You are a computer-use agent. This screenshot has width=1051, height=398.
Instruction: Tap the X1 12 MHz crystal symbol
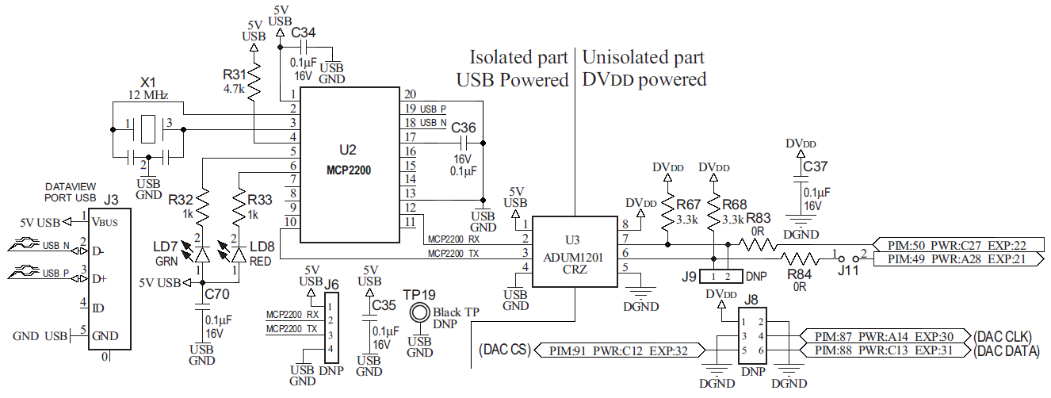[148, 128]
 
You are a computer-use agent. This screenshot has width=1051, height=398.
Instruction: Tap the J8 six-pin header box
[753, 336]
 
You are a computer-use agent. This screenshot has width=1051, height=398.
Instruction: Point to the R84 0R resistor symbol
[801, 258]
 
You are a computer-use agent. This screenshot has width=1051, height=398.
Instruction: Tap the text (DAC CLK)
[1006, 336]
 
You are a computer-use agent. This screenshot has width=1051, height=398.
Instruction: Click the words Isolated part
[518, 57]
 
